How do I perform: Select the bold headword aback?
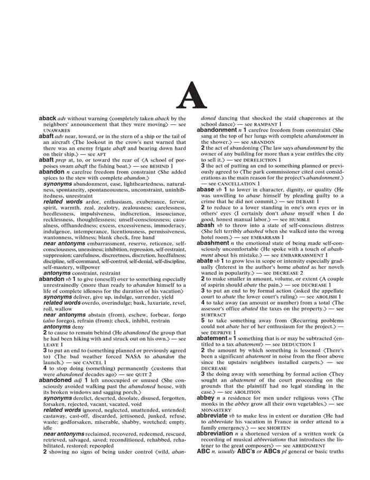(x=48, y=119)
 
